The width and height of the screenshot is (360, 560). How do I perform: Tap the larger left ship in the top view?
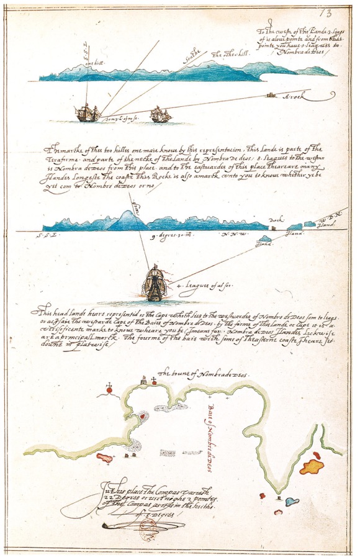click(87, 112)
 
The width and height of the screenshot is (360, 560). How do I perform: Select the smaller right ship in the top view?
click(161, 114)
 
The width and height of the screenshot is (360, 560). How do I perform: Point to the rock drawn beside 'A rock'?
click(270, 95)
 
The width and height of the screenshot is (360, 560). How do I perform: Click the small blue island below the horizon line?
click(266, 238)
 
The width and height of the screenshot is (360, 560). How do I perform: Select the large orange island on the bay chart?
click(312, 466)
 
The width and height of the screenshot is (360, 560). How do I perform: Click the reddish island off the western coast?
click(104, 458)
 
